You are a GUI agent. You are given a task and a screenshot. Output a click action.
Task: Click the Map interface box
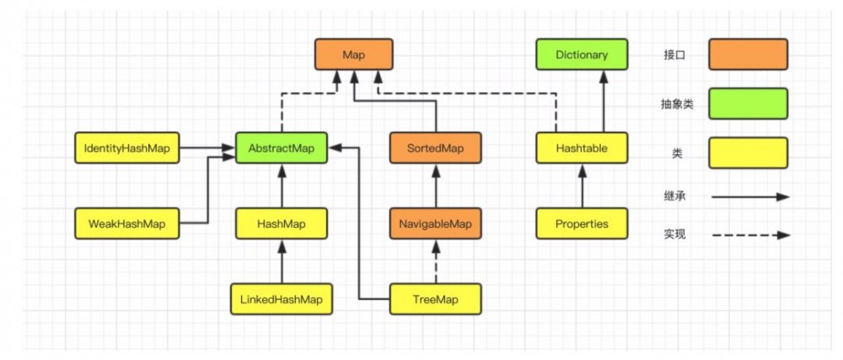pyautogui.click(x=353, y=55)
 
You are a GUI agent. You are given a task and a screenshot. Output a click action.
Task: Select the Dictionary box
pyautogui.click(x=582, y=55)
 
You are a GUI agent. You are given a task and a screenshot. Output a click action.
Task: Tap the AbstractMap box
pyautogui.click(x=281, y=148)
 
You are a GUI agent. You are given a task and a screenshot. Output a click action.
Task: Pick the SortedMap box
pyautogui.click(x=436, y=148)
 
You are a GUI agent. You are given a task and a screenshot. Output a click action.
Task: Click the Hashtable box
pyautogui.click(x=582, y=148)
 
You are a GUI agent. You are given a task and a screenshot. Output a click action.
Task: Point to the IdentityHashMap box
pyautogui.click(x=126, y=148)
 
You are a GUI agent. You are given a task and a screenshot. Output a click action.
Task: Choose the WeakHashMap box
pyautogui.click(x=126, y=224)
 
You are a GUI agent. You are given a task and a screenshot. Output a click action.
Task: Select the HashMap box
pyautogui.click(x=281, y=224)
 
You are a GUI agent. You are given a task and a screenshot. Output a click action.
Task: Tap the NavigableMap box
pyautogui.click(x=436, y=224)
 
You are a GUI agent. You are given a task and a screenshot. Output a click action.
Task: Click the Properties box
pyautogui.click(x=582, y=224)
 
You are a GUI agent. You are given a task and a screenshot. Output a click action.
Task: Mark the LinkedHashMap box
pyautogui.click(x=281, y=298)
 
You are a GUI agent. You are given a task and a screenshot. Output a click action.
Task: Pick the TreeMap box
pyautogui.click(x=436, y=298)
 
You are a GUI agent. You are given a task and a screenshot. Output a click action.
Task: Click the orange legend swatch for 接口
pyautogui.click(x=748, y=55)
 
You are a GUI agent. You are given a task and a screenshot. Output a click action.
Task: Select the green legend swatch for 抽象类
pyautogui.click(x=748, y=105)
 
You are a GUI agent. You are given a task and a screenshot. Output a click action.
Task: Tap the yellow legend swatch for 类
pyautogui.click(x=748, y=153)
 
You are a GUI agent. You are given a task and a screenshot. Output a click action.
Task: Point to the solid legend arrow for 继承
pyautogui.click(x=750, y=196)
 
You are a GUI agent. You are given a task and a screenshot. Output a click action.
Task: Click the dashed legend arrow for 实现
pyautogui.click(x=750, y=235)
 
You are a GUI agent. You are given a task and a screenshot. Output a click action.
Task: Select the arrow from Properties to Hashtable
pyautogui.click(x=582, y=186)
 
